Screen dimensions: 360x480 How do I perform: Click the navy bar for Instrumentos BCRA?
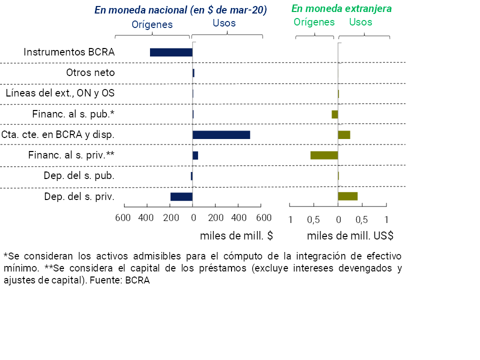click(x=171, y=52)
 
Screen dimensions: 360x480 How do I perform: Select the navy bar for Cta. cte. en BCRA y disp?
click(x=221, y=134)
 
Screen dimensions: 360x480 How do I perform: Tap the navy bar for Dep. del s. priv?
click(x=181, y=196)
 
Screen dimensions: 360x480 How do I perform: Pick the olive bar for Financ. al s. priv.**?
click(x=324, y=155)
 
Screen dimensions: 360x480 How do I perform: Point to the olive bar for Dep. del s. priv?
click(x=347, y=196)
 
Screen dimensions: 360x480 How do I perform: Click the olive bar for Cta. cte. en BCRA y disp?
click(x=344, y=134)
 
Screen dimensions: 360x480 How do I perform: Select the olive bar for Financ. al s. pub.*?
click(x=334, y=114)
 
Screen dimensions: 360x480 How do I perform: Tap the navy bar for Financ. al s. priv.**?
click(x=195, y=155)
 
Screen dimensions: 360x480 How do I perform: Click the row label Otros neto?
click(x=90, y=72)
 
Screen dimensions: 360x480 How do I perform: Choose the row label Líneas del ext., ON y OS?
click(x=60, y=93)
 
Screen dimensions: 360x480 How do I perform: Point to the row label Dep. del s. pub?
click(x=79, y=175)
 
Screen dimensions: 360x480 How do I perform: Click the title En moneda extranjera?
click(x=341, y=9)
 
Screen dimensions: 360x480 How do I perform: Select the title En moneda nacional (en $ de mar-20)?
click(x=180, y=10)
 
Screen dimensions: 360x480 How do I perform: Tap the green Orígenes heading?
click(x=314, y=22)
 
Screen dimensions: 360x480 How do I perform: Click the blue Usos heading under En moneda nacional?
click(x=224, y=23)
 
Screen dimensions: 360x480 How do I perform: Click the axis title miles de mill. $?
click(x=236, y=235)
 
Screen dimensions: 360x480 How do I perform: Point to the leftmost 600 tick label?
click(x=123, y=218)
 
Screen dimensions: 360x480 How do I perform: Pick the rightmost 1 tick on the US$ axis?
click(x=386, y=219)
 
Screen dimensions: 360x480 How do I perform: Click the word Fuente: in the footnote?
click(x=108, y=280)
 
